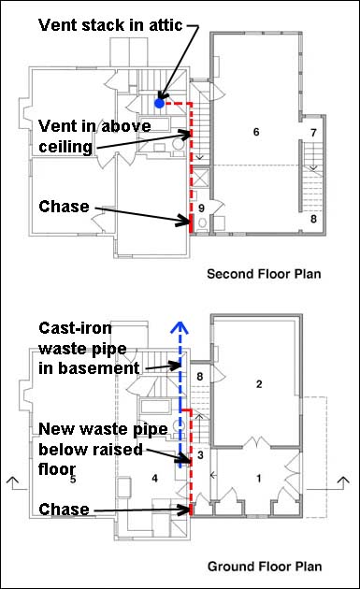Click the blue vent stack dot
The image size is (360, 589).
point(159,103)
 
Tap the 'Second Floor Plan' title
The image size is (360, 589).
point(264,274)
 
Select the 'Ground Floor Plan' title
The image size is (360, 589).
point(265,566)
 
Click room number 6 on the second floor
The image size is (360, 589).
point(256,132)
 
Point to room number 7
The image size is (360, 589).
point(313,133)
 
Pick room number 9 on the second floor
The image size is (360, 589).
point(201,208)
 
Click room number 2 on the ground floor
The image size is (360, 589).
point(259,384)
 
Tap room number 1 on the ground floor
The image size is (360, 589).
point(258,479)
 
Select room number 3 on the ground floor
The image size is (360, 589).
point(200,455)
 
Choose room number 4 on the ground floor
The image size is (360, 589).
point(154,479)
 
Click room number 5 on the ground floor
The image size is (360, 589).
point(73,480)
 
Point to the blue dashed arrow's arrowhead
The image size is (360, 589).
point(180,327)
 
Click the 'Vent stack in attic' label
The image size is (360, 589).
point(110,25)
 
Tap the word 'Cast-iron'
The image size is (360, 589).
point(75,328)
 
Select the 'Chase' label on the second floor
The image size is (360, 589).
point(64,207)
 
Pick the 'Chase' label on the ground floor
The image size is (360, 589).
point(64,510)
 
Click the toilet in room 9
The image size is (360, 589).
point(202,223)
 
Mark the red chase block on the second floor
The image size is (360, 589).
point(191,223)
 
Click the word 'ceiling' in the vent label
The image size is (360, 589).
point(65,147)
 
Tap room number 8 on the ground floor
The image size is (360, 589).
point(200,377)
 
